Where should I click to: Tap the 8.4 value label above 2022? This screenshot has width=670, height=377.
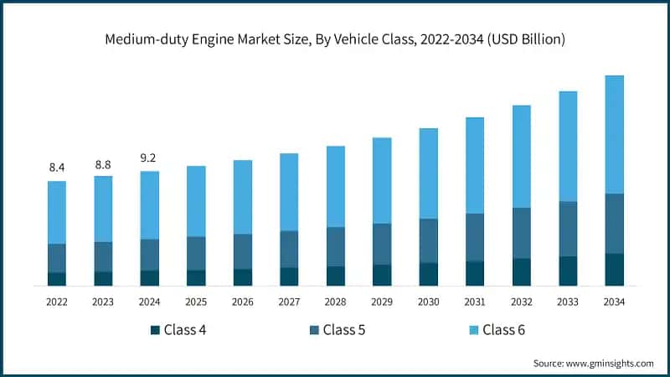[57, 168]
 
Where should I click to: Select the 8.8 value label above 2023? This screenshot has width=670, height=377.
[103, 165]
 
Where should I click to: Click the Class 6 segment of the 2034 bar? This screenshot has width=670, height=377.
[614, 134]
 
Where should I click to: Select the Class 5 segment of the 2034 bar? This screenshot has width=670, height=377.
[614, 224]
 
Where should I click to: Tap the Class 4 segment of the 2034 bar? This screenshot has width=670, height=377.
[614, 269]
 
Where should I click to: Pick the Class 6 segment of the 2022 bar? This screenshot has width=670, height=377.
[57, 212]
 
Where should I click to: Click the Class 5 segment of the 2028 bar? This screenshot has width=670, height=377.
[335, 246]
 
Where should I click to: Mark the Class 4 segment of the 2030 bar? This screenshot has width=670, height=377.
[428, 274]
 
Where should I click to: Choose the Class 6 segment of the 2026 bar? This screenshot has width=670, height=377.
[242, 197]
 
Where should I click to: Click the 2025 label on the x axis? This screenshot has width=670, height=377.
[196, 302]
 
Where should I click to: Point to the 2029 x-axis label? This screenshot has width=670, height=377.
[382, 302]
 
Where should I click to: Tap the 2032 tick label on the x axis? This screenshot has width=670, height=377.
[521, 302]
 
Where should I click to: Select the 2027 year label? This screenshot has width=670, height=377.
[289, 302]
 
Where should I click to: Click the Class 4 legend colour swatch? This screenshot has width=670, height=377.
[155, 330]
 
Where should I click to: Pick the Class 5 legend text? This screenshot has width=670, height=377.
[345, 330]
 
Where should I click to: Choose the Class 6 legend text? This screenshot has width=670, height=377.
[504, 330]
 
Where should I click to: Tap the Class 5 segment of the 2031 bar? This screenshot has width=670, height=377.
[475, 237]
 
